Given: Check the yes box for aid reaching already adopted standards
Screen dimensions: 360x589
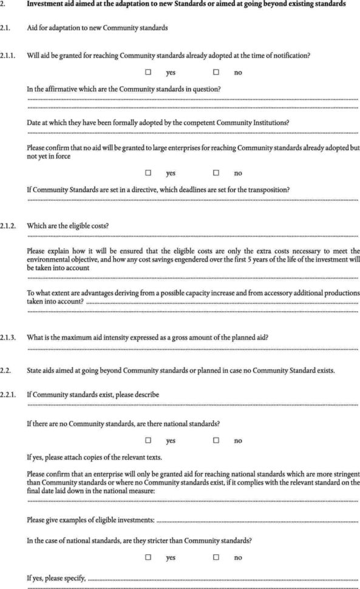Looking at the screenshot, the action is (x=148, y=72).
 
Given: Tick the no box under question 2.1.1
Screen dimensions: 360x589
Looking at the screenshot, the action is (x=216, y=72).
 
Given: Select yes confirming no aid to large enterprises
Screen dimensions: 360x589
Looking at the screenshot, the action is (x=148, y=172).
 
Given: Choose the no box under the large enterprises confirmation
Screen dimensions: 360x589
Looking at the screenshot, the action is (x=216, y=172).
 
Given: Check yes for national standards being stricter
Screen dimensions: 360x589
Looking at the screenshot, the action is (x=148, y=556).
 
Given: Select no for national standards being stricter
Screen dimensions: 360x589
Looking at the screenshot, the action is (x=216, y=556).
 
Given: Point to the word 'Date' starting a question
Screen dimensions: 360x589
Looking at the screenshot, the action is (x=34, y=122).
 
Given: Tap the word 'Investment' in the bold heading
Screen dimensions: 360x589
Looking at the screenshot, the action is (x=46, y=4).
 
